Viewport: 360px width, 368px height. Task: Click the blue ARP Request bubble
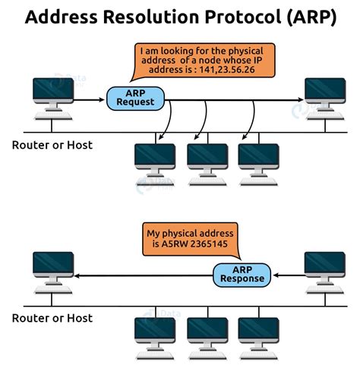[134, 97]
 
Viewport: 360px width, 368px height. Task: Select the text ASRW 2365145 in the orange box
[203, 244]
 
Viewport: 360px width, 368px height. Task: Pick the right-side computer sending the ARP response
[324, 267]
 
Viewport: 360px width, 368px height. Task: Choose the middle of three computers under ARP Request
[207, 158]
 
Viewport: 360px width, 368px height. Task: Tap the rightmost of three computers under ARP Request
[258, 158]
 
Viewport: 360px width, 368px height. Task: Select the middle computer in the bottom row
[207, 332]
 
